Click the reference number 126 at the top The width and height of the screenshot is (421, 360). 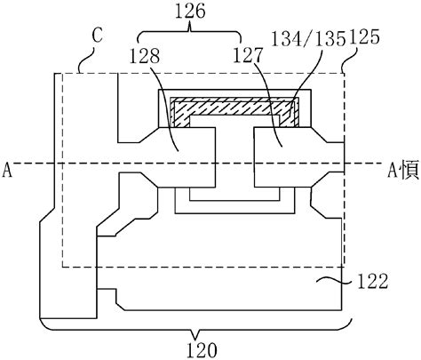click(190, 12)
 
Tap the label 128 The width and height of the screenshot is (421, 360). click(145, 55)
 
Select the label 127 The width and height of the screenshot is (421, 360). click(248, 55)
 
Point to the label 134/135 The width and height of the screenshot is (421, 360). click(308, 39)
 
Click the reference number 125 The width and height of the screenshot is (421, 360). click(364, 37)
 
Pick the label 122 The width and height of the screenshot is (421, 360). click(373, 281)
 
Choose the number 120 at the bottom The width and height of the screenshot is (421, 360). click(202, 350)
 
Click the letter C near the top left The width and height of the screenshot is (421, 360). click(97, 36)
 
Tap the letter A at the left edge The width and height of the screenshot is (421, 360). click(7, 171)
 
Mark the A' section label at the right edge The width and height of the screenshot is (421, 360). click(404, 171)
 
